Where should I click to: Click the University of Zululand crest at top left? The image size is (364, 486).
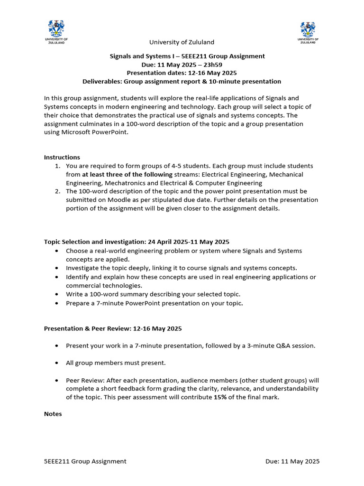(56, 29)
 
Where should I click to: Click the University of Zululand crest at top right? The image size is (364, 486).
(308, 29)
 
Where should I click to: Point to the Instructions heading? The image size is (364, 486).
(62, 157)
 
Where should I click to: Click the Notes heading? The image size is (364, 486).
(53, 414)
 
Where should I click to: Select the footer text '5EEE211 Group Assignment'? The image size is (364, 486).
(85, 461)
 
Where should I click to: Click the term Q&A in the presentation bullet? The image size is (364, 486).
(277, 346)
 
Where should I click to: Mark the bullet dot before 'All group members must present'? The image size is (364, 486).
(57, 363)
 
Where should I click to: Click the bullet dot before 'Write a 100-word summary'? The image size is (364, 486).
(57, 294)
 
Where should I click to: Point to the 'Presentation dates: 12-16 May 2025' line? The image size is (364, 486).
(182, 73)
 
